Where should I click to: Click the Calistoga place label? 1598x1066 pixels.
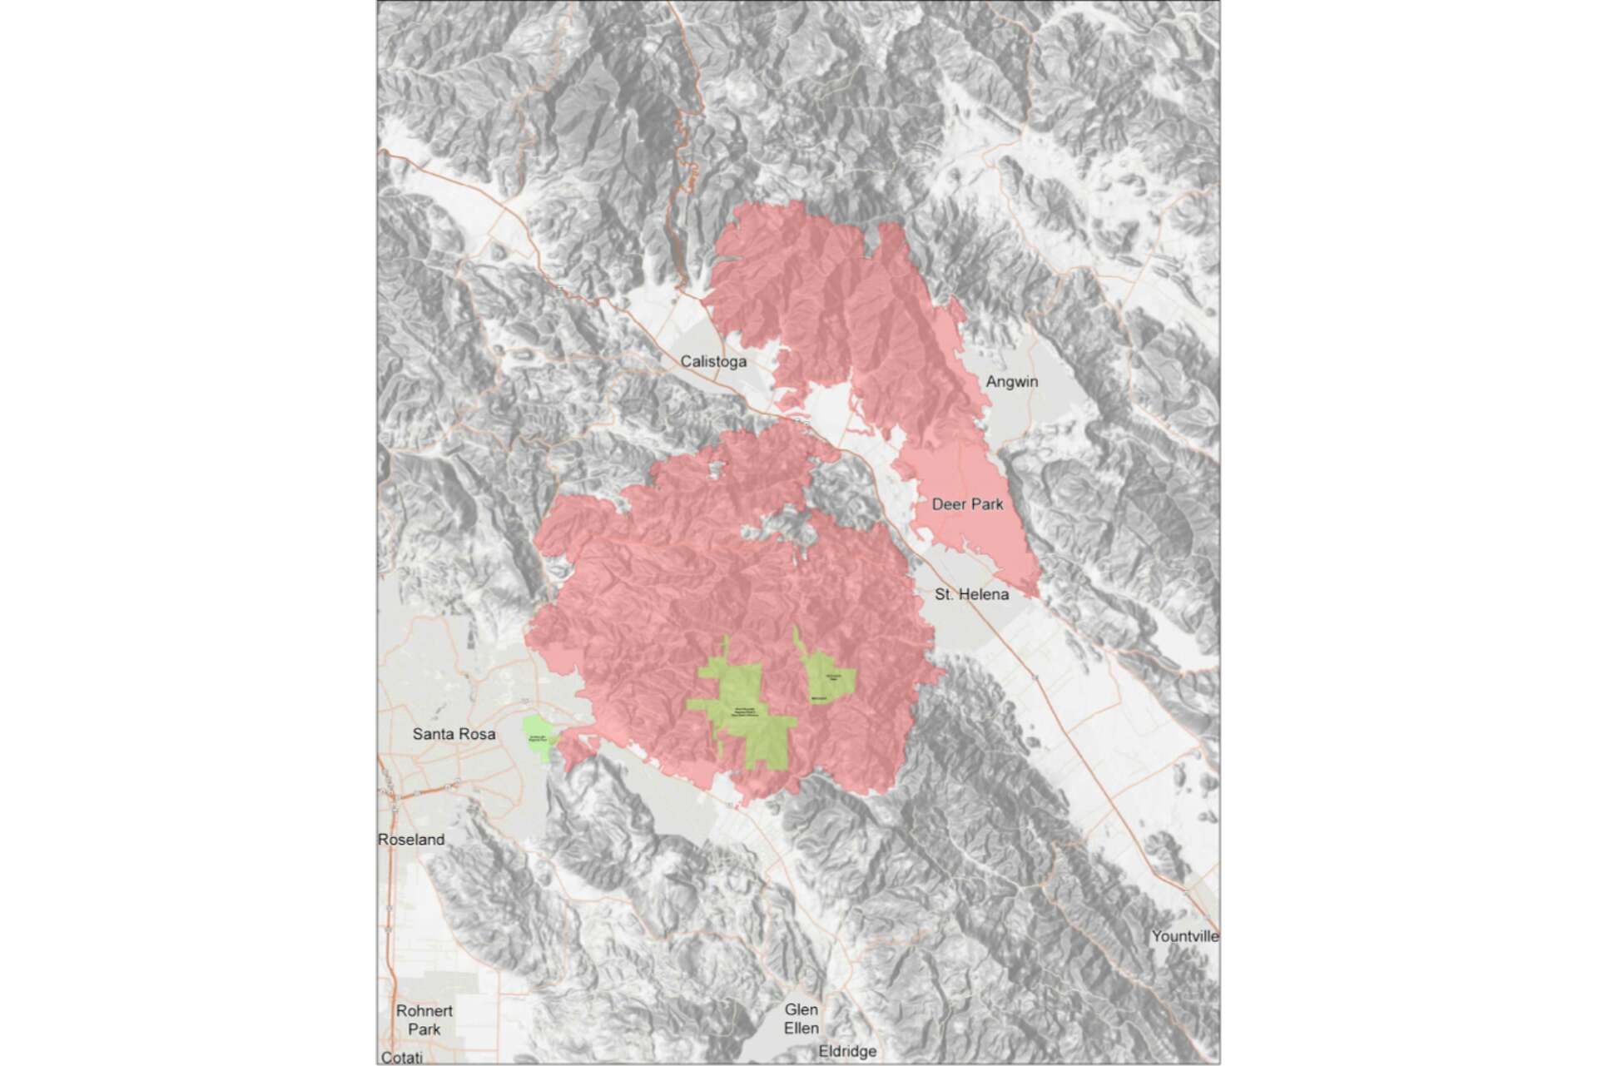(x=713, y=361)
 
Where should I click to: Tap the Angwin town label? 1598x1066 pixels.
(x=1011, y=382)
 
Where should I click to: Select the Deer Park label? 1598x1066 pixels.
(x=967, y=504)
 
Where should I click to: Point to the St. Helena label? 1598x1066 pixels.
(x=971, y=594)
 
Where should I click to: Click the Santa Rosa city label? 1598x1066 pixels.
(x=454, y=734)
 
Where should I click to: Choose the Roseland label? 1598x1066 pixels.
(x=411, y=840)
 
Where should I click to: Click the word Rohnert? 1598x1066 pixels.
(x=424, y=1011)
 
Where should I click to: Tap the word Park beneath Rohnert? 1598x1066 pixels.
(x=424, y=1029)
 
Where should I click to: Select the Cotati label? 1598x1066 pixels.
(x=403, y=1058)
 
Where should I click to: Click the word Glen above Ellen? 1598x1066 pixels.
(x=801, y=1009)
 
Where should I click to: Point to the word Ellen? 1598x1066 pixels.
(x=801, y=1028)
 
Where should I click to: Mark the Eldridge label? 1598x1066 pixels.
(x=847, y=1051)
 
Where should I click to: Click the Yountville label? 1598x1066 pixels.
(x=1185, y=936)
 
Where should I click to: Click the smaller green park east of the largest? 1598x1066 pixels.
(x=827, y=678)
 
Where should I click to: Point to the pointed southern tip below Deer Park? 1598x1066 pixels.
(x=1035, y=593)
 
